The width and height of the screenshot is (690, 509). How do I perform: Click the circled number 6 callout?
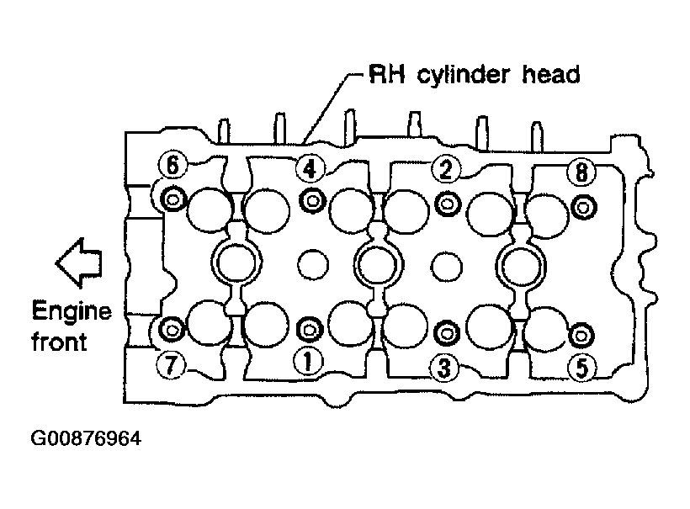tap(172, 165)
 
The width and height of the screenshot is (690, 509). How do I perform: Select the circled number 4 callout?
tap(310, 168)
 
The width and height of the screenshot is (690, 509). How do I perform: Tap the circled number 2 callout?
tap(446, 170)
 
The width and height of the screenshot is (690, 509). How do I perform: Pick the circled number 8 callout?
tap(581, 172)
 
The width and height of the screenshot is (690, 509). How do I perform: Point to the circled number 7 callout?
tap(171, 363)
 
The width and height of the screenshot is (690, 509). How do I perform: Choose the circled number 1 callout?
tap(308, 362)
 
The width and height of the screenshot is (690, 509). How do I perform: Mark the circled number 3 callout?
tap(444, 368)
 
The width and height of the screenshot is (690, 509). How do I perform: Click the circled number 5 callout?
tap(581, 368)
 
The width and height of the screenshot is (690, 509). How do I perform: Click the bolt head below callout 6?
tap(172, 199)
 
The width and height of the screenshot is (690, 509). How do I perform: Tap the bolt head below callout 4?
tap(312, 201)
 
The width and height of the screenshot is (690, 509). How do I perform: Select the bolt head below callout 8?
tap(584, 207)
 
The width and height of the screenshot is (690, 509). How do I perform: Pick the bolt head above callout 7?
tap(172, 329)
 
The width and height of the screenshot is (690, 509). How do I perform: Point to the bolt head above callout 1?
tap(310, 329)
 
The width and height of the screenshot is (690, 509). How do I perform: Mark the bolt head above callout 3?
tap(446, 333)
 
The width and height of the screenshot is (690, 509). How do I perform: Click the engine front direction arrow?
tap(79, 263)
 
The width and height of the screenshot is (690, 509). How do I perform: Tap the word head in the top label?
tap(551, 75)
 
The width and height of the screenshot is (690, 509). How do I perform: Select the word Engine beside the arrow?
tap(72, 312)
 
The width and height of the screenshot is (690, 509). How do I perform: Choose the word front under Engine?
tap(59, 342)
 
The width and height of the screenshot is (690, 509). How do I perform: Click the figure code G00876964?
tap(86, 438)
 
